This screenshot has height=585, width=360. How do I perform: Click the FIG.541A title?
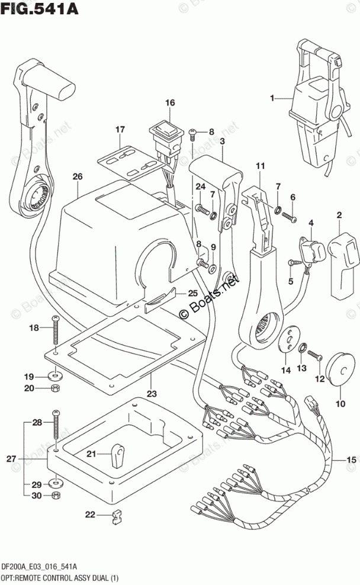[40, 8]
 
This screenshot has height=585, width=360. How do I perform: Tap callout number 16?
[170, 102]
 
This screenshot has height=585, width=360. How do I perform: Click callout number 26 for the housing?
[78, 176]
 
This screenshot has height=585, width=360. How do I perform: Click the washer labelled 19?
[55, 374]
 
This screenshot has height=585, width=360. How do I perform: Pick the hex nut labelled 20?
[55, 388]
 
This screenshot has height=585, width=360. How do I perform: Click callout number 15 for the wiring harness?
[352, 460]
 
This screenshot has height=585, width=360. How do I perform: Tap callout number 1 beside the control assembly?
[272, 98]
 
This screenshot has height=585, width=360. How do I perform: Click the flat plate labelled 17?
[127, 161]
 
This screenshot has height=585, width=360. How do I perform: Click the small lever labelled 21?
[117, 455]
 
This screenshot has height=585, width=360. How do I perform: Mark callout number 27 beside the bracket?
[12, 458]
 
